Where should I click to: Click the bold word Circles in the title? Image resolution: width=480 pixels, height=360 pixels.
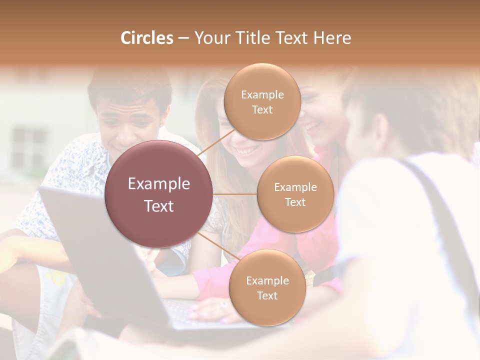[x=146, y=38]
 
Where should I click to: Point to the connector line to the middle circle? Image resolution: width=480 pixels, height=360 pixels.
[x=235, y=194]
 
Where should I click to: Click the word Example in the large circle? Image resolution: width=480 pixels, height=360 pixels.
[x=159, y=184]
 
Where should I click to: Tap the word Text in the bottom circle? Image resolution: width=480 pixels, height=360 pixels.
[x=267, y=295]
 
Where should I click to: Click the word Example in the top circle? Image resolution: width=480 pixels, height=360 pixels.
[x=262, y=94]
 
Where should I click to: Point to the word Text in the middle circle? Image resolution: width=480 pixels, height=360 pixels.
[x=295, y=202]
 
